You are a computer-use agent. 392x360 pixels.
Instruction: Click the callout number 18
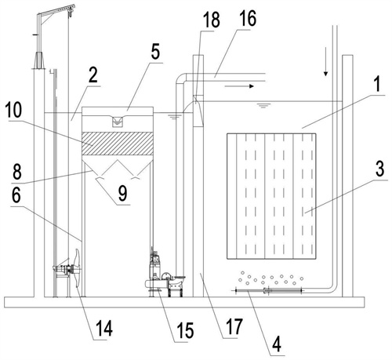[212, 20]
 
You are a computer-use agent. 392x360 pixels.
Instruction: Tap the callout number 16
[248, 18]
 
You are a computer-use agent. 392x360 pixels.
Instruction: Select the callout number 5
[155, 52]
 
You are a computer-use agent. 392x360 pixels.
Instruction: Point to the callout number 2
[93, 75]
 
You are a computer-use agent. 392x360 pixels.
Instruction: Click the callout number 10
[13, 111]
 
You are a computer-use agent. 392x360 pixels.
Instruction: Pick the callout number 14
[104, 328]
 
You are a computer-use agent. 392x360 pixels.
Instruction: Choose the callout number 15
[185, 330]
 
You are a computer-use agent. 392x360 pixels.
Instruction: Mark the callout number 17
[234, 326]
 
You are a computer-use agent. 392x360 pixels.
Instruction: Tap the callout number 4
[277, 344]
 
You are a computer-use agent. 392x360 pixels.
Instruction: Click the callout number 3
[379, 169]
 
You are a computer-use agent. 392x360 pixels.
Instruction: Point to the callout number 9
[122, 194]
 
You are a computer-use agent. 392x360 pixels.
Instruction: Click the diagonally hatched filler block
[118, 144]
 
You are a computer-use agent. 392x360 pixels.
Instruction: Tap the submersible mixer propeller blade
[78, 268]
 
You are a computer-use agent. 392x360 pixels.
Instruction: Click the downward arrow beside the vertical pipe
[325, 62]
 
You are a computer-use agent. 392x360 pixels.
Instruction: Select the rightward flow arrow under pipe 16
[239, 86]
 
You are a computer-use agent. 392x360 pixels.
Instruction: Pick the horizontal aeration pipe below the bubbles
[268, 290]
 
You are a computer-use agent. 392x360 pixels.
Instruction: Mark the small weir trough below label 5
[118, 122]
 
